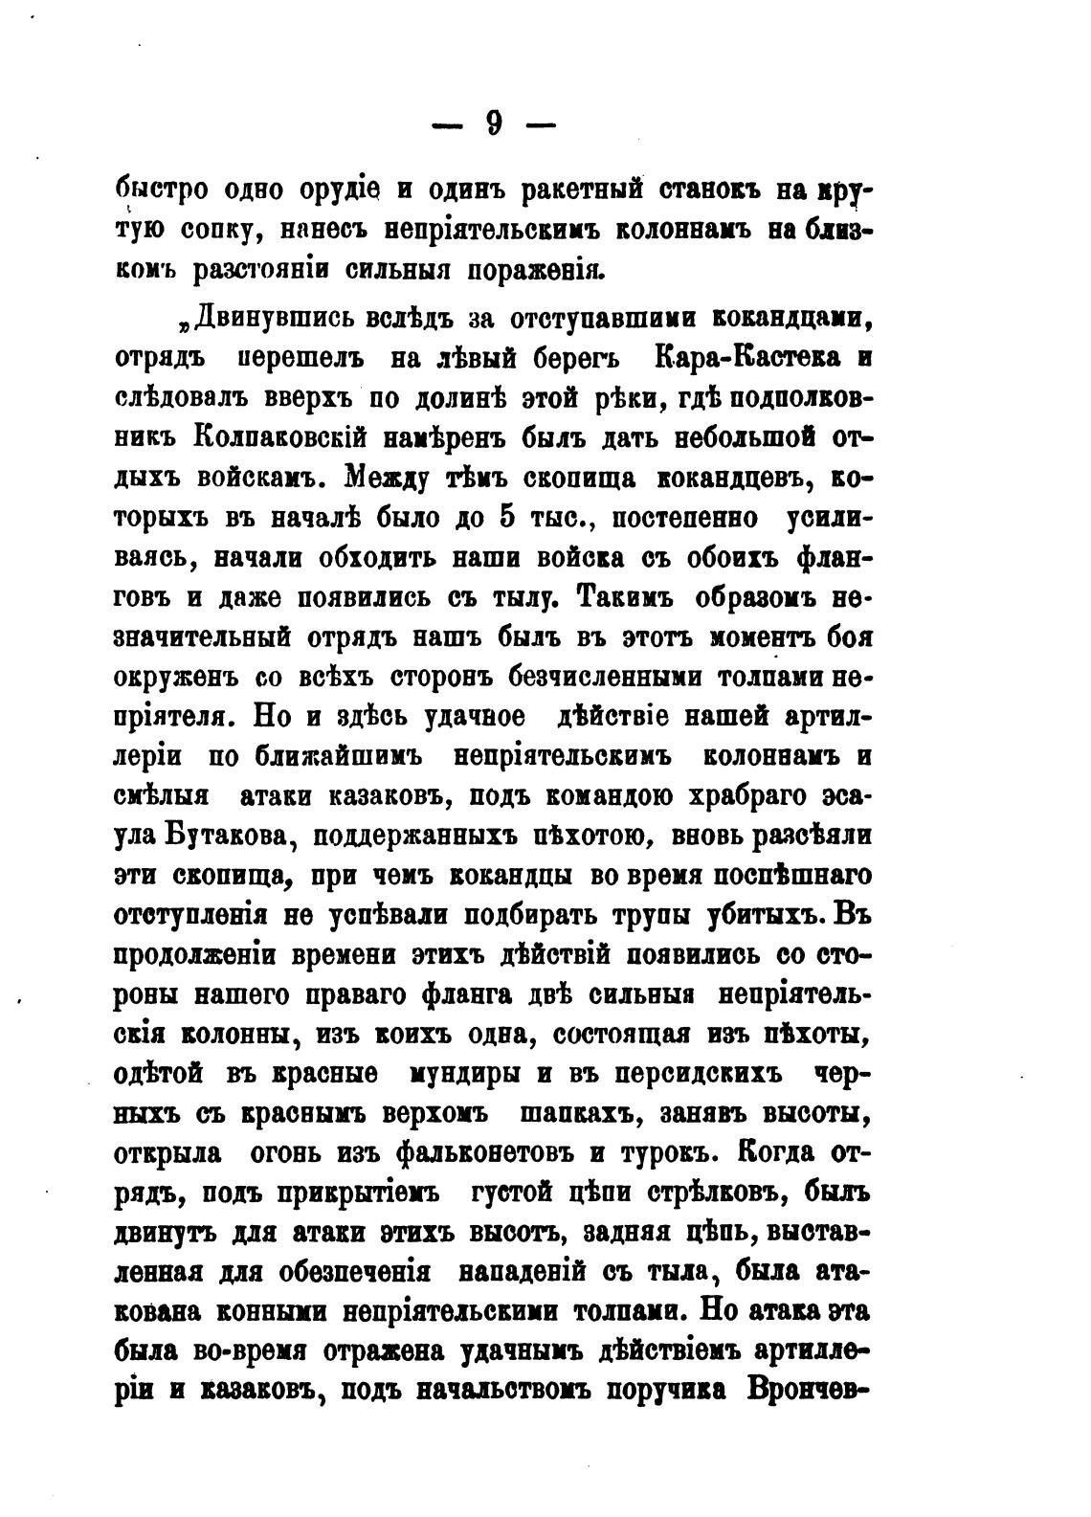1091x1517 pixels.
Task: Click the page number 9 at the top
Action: tap(494, 123)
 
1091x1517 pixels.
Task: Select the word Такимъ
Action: tap(627, 596)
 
